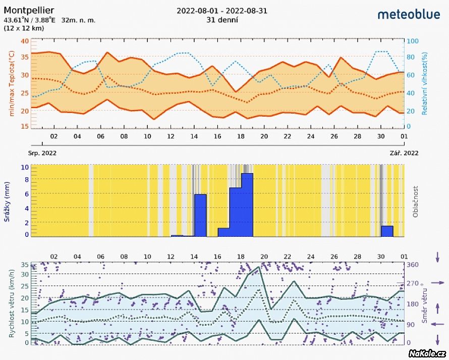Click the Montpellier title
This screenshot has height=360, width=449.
(29, 10)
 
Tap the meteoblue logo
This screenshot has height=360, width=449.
(409, 14)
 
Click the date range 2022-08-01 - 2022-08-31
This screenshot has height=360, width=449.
(222, 11)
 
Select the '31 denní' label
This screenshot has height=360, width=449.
(222, 20)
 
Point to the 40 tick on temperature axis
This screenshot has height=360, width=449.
(25, 41)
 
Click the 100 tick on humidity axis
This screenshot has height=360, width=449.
(413, 41)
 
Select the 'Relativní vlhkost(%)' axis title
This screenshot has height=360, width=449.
(425, 84)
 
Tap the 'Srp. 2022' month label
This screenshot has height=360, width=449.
(42, 152)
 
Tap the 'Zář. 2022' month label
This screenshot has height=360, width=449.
(404, 152)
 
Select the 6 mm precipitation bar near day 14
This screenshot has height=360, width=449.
(200, 215)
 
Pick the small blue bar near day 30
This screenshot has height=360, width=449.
(387, 231)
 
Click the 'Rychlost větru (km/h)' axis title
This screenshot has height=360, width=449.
(8, 303)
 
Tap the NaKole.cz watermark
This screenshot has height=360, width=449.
(428, 353)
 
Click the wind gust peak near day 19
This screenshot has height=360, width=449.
(259, 267)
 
